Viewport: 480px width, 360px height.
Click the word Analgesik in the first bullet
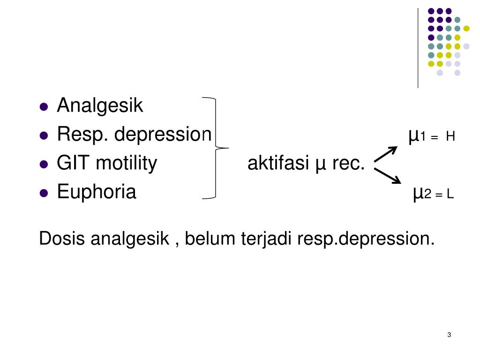(100, 106)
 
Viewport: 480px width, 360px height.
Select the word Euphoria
(97, 192)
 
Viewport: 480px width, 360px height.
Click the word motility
(127, 163)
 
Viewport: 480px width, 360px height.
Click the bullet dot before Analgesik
(44, 107)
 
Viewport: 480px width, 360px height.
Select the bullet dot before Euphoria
(44, 193)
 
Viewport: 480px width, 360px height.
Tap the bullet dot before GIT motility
(44, 164)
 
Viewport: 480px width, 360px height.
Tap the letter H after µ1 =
(450, 137)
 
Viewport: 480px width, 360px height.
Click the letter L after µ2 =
(450, 194)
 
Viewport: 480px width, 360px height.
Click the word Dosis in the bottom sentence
(62, 239)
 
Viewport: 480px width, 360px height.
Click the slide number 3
(449, 335)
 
